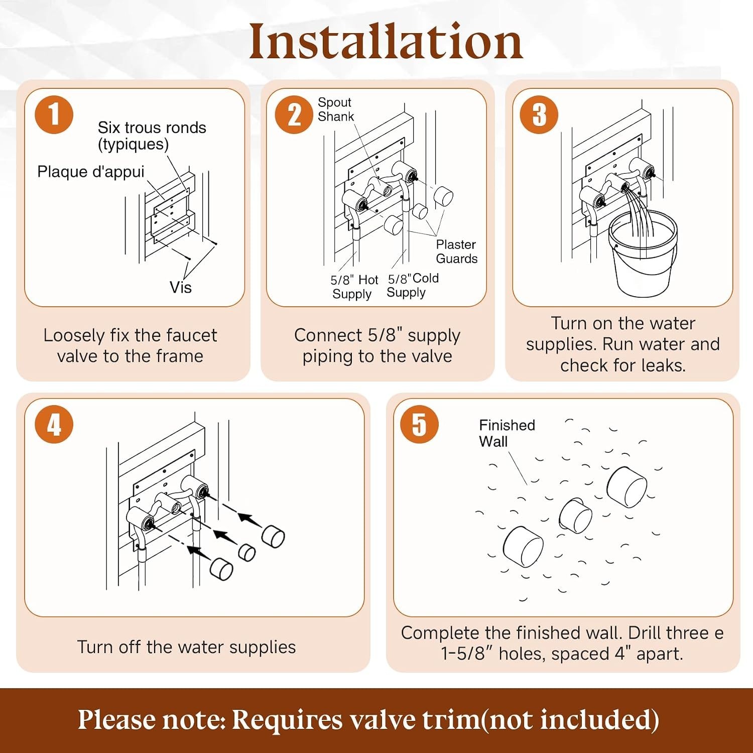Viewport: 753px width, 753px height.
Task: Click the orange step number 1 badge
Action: [x=54, y=114]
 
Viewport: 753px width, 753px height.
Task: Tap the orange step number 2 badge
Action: [x=294, y=114]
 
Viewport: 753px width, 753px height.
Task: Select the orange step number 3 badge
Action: [x=539, y=114]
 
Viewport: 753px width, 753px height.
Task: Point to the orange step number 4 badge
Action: [x=54, y=424]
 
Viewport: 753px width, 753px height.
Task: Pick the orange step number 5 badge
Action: [x=419, y=424]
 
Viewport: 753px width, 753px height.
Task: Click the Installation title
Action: [x=386, y=42]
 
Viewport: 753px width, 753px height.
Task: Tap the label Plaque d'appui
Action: [x=91, y=172]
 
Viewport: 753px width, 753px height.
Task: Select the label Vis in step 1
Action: [x=180, y=288]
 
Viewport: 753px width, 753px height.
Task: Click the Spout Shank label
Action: [x=335, y=109]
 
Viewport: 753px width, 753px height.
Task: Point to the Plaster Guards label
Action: [x=456, y=252]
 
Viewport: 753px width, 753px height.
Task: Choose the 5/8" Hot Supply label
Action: [x=354, y=287]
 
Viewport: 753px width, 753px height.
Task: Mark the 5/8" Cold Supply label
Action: [x=413, y=285]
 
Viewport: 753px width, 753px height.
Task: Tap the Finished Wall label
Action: [x=507, y=433]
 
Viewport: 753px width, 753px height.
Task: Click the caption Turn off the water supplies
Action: [x=186, y=647]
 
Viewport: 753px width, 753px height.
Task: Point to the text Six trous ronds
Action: [x=152, y=128]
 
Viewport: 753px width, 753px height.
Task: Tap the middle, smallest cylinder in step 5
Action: [x=575, y=516]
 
